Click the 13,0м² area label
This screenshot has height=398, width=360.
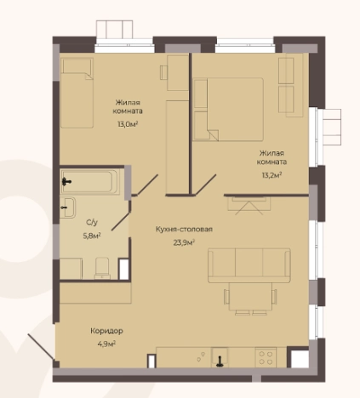129,124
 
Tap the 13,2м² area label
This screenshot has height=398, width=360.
271,175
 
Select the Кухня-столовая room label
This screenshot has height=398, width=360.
184,229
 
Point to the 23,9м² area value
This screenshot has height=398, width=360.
184,242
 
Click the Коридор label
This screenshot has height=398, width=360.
106,331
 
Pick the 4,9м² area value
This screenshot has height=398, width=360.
106,344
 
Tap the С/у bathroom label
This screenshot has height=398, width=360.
92,223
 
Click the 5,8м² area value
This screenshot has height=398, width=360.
92,236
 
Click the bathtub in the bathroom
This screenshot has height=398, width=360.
89,182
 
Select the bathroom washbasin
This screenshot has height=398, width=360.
68,208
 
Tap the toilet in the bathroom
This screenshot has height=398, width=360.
102,268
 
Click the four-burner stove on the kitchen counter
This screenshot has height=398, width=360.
266,357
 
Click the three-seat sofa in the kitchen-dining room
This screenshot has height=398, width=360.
249,265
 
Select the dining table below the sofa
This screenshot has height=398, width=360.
250,297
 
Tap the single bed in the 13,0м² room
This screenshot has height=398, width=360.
77,93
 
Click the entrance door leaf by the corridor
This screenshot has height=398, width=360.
41,347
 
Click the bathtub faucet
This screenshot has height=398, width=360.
66,181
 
